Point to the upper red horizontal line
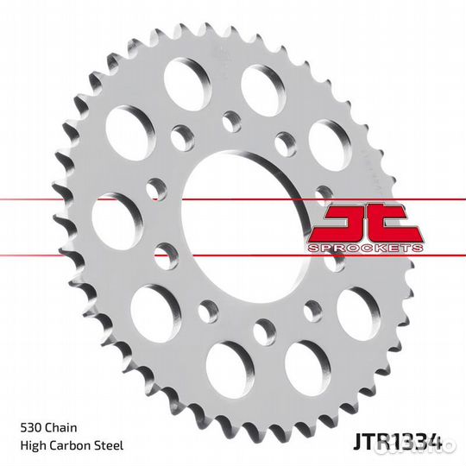[x=86, y=199]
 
